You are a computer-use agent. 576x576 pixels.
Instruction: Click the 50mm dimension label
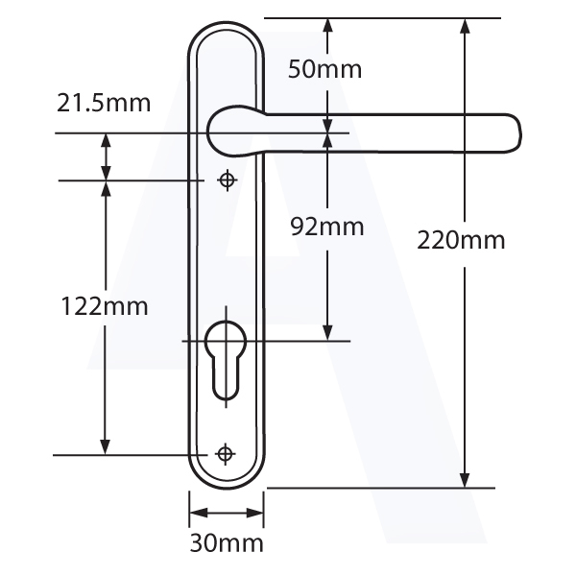tap(324, 69)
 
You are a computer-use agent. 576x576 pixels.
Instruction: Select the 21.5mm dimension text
tap(104, 103)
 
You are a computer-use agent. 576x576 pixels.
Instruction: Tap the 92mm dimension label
tap(327, 227)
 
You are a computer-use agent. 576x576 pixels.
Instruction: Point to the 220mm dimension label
tap(461, 240)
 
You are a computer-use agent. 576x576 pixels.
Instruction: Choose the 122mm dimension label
tap(105, 306)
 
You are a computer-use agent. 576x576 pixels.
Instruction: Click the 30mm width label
tap(227, 543)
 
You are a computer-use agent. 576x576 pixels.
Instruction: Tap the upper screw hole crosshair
tap(227, 180)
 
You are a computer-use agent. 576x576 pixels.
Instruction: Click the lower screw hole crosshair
tap(226, 454)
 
